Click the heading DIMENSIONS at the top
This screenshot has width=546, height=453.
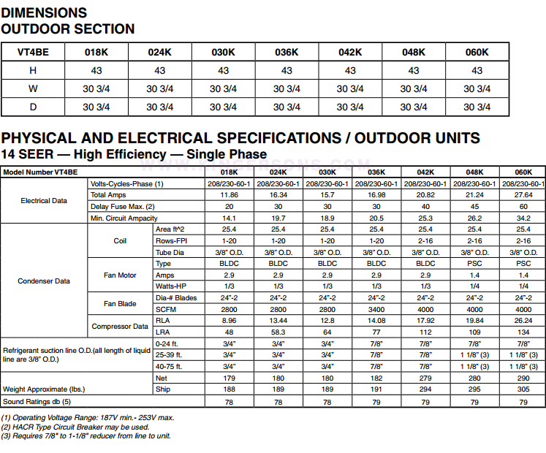44,12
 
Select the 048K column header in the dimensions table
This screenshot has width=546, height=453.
414,52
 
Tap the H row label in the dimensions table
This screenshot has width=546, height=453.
33,71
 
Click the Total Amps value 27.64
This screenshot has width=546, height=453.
523,195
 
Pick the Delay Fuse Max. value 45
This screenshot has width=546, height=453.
474,206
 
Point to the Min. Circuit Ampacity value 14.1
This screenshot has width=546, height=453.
229,218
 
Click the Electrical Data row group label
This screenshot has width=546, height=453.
44,200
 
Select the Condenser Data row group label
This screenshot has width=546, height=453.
44,281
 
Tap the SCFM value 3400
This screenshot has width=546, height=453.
376,309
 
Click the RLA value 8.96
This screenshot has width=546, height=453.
229,320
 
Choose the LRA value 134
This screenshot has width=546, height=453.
523,332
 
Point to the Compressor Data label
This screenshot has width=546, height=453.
120,327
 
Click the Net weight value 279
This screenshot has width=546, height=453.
425,378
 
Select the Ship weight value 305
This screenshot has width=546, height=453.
523,389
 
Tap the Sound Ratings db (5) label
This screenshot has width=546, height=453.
37,401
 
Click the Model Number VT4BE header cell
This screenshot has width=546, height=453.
40,172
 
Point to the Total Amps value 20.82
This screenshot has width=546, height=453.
425,195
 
